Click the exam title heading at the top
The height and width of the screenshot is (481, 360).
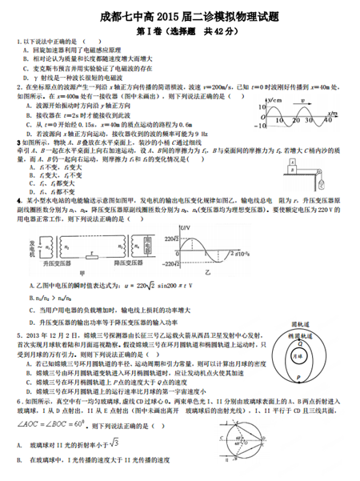point(183,15)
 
